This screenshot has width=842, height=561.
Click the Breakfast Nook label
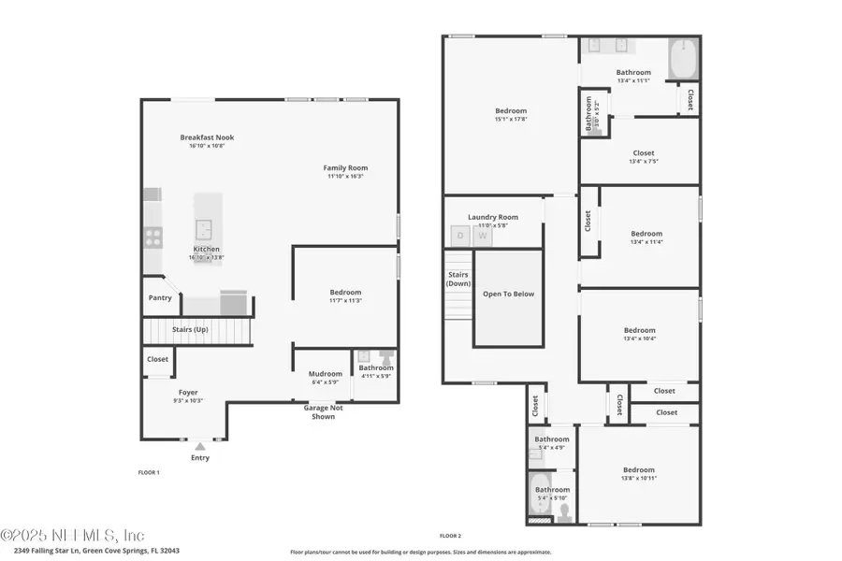(x=207, y=137)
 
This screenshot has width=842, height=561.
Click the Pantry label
(x=160, y=298)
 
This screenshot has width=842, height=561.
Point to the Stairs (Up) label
(x=190, y=330)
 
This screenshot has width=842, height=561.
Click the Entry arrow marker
(x=200, y=446)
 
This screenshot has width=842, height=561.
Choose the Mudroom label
(x=326, y=374)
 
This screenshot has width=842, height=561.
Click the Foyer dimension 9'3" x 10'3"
(x=188, y=400)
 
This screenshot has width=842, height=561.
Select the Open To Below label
(x=508, y=294)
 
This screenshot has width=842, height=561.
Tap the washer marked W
(x=483, y=236)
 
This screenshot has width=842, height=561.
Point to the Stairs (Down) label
(x=457, y=279)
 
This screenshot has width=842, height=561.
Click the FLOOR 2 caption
(x=450, y=536)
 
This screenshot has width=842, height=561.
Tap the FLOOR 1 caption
(x=149, y=473)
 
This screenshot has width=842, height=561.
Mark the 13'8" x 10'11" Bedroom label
(x=639, y=469)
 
